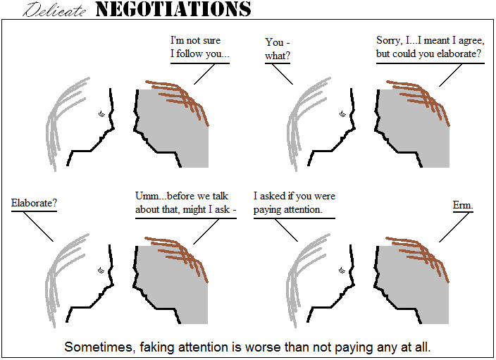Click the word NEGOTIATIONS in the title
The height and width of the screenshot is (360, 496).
173,9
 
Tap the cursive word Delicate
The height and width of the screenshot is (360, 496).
54,10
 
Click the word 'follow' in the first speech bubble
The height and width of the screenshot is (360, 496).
190,54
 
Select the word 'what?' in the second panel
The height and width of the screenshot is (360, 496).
278,56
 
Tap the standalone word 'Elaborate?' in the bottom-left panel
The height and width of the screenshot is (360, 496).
34,203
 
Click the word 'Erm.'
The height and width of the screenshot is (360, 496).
463,205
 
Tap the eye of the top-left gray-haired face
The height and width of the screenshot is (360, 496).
101,113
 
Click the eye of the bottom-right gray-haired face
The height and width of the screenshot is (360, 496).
342,271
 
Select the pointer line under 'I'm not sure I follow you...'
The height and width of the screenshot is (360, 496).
204,74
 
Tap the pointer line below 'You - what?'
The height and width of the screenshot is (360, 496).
283,74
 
